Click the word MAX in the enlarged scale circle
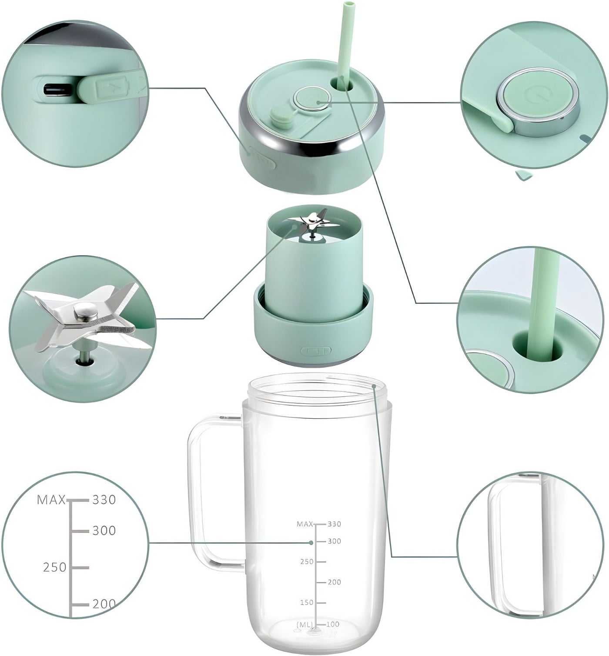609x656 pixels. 51,500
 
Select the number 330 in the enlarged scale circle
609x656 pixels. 104,500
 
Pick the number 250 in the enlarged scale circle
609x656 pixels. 54,567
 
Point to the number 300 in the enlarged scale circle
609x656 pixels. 104,530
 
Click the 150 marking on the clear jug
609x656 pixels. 307,603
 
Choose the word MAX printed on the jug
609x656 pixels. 305,524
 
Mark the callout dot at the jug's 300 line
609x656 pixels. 311,543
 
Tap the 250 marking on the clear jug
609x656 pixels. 307,562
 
